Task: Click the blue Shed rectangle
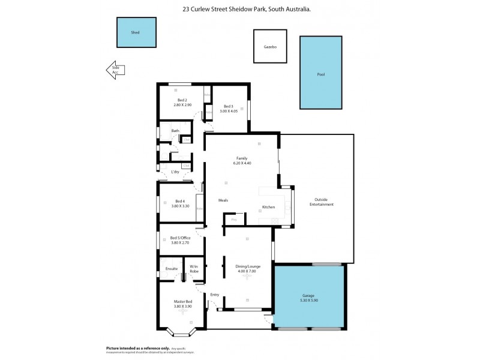[x=136, y=32]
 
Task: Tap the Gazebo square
[x=270, y=46]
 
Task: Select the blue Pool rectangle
[x=321, y=73]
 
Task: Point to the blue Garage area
[x=310, y=298]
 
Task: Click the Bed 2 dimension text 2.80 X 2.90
[x=182, y=105]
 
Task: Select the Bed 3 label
[x=229, y=106]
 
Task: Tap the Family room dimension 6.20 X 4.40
[x=241, y=163]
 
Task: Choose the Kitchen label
[x=268, y=207]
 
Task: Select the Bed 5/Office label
[x=181, y=238]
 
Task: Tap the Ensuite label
[x=172, y=269]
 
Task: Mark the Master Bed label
[x=182, y=301]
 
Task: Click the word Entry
[x=214, y=295]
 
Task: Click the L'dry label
[x=175, y=172]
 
